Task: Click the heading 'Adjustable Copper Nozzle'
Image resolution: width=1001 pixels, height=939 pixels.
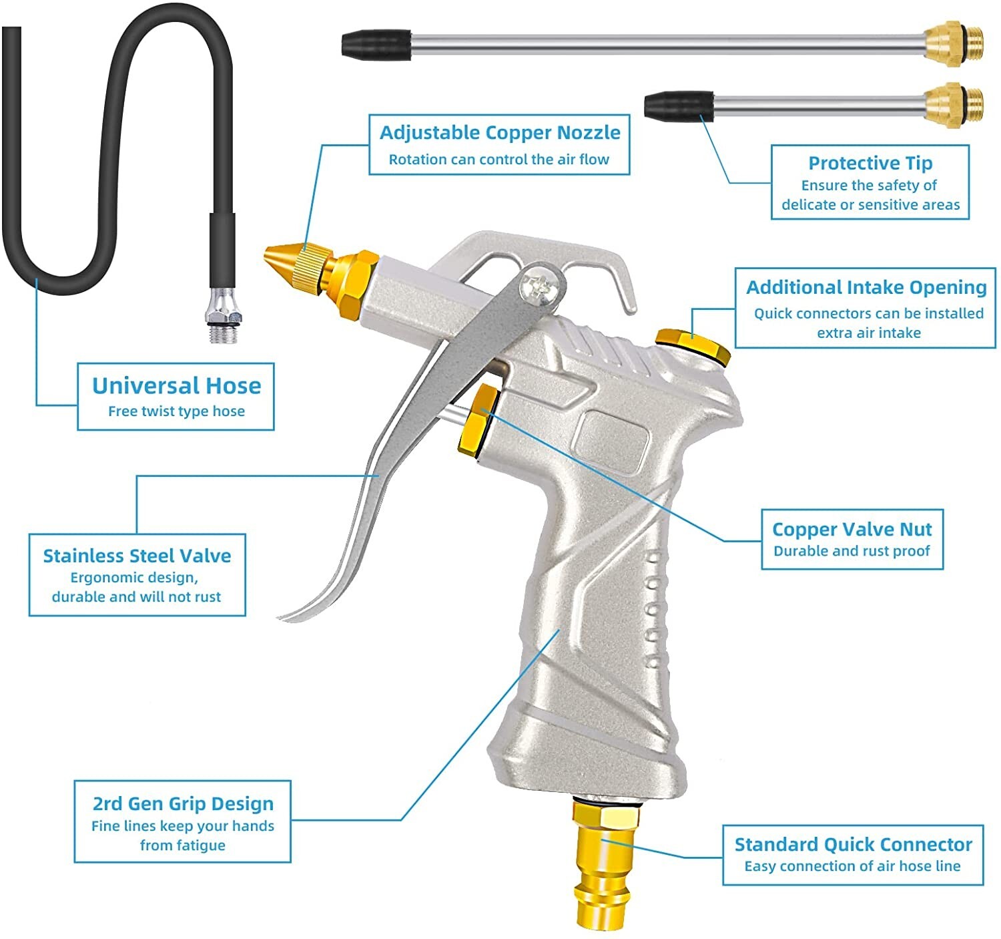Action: pyautogui.click(x=500, y=133)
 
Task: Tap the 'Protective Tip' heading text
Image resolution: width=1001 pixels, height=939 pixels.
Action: pyautogui.click(x=870, y=163)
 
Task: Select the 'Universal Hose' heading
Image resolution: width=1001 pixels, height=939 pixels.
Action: pyautogui.click(x=176, y=385)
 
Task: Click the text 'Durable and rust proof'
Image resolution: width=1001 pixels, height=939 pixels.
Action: pyautogui.click(x=852, y=551)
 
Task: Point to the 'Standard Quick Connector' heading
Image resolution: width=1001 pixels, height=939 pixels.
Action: pyautogui.click(x=853, y=844)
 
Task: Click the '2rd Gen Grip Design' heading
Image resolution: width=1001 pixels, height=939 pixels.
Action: pyautogui.click(x=183, y=803)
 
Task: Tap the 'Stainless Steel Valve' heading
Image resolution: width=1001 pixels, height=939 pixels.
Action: pyautogui.click(x=137, y=556)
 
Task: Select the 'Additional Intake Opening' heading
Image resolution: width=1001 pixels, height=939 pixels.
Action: pyautogui.click(x=866, y=287)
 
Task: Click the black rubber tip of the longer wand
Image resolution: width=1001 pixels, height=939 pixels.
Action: pyautogui.click(x=376, y=44)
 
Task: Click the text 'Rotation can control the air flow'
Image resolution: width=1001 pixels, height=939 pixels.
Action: pyautogui.click(x=499, y=160)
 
